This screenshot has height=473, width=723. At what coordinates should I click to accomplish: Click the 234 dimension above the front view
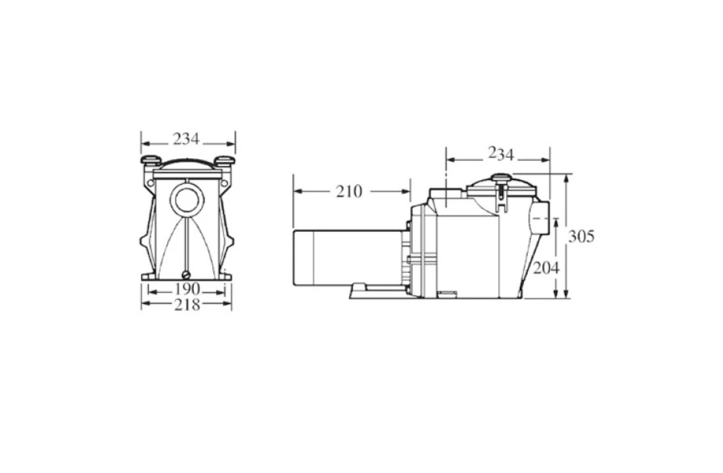coord(186,139)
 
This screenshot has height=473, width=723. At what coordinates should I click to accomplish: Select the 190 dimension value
coord(187,290)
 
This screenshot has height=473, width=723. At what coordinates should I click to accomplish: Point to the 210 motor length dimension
coord(348,191)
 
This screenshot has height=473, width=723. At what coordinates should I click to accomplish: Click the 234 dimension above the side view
coord(501,154)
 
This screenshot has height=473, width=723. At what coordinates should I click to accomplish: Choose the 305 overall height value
coord(581,236)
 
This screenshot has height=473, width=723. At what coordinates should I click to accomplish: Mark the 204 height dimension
coord(545,268)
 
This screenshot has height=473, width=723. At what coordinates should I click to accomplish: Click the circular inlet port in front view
coord(187,198)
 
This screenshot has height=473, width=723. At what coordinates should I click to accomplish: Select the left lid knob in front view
coord(150,160)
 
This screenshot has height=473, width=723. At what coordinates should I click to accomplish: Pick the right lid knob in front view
coord(224,160)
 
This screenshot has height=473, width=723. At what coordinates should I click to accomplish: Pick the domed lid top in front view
coord(187,164)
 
